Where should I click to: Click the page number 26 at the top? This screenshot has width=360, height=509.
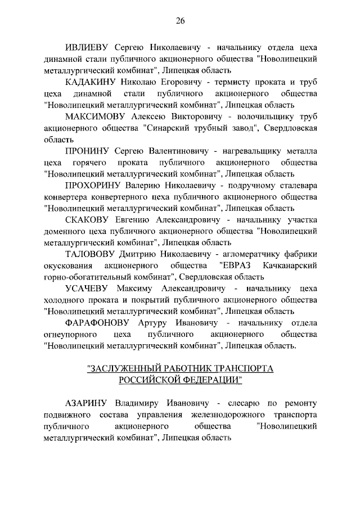[x=180, y=21]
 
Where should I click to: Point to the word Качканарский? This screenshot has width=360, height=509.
[x=289, y=265]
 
